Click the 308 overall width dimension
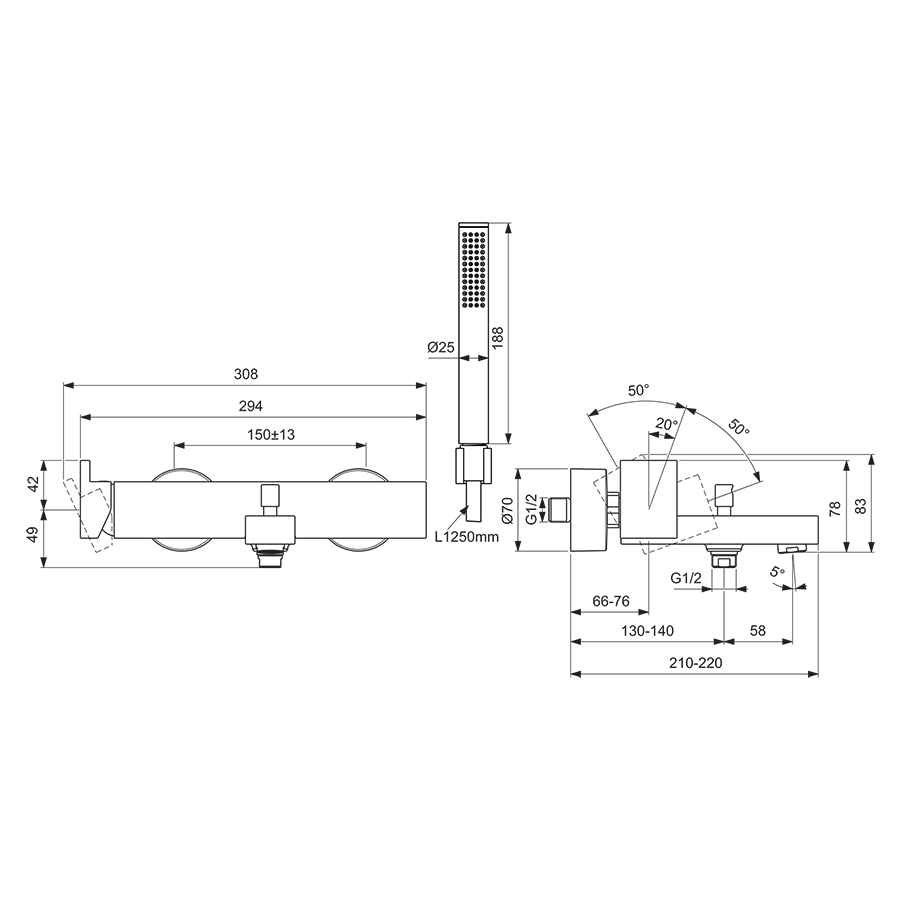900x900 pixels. [x=246, y=374]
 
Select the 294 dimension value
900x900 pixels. [x=250, y=406]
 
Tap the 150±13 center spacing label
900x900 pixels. [x=271, y=434]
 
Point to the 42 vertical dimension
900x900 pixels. [x=33, y=483]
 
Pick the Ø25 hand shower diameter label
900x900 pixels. [x=440, y=346]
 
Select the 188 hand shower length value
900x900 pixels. [x=497, y=335]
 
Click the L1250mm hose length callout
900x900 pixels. [x=466, y=537]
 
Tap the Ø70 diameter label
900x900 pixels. [x=507, y=511]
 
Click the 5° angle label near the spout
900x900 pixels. [x=778, y=571]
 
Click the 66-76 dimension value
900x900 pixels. [x=610, y=600]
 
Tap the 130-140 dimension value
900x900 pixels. [x=647, y=631]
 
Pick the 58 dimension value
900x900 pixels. [x=757, y=631]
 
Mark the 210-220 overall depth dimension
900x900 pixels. [x=695, y=663]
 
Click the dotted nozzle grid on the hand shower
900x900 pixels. [x=473, y=267]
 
